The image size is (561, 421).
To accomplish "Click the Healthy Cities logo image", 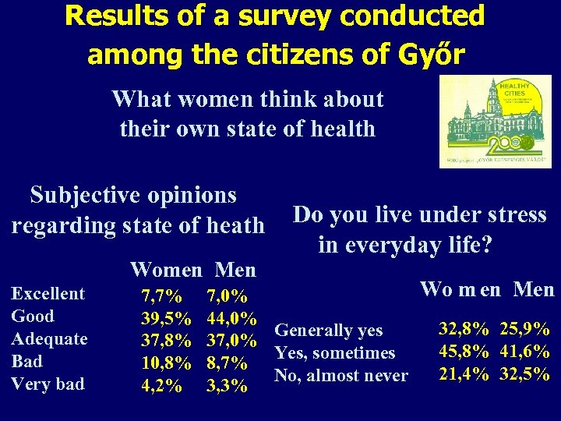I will coord(495,121).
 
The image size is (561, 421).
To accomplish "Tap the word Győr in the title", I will coord(432,55).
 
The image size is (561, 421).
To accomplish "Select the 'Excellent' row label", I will coord(48,294).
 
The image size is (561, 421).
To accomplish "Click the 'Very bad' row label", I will coord(48,384).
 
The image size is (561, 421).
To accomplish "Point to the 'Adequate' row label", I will coord(49,339).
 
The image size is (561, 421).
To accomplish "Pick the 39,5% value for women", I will coord(165,319).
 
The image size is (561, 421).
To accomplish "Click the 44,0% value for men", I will coord(232,319).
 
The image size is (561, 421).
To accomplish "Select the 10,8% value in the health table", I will coord(165,363).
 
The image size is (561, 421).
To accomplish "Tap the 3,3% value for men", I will coord(227,386).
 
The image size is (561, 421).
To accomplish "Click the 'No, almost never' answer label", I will coord(341,376).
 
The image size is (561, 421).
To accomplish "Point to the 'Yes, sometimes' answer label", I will coord(336,353).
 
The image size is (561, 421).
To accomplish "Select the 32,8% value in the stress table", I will coord(464,329).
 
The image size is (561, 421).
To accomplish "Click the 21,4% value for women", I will coord(464,374).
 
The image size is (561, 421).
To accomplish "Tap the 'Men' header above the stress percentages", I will coord(534,290).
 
